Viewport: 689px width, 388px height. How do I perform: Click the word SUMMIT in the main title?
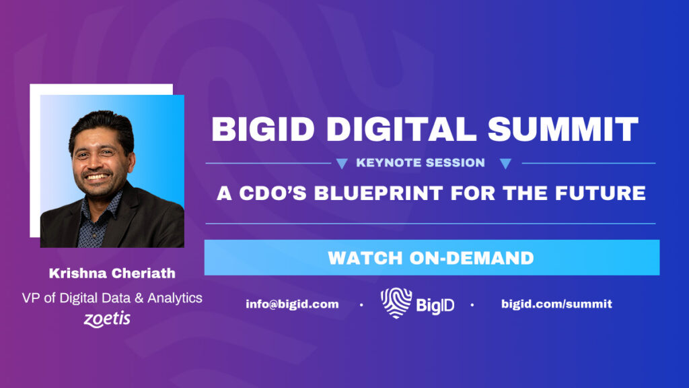[x=563, y=129]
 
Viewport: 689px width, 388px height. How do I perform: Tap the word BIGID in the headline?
[x=263, y=129]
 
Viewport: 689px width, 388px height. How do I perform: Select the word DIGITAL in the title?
[x=401, y=129]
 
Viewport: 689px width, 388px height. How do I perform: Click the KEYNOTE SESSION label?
[x=421, y=163]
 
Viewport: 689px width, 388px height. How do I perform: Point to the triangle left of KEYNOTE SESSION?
[x=342, y=164]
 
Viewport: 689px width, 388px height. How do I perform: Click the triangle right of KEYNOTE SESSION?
[x=506, y=164]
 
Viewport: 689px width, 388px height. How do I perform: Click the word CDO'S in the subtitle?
[x=273, y=193]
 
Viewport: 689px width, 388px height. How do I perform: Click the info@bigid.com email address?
[x=292, y=304]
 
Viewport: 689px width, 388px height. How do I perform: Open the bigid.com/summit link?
[x=556, y=304]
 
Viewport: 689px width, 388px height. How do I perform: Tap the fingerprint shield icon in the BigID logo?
[x=396, y=302]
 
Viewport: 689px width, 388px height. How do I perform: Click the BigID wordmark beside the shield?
[x=435, y=305]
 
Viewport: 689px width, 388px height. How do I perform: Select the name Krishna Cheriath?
[x=112, y=273]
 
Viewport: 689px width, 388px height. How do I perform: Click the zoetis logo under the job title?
[x=107, y=319]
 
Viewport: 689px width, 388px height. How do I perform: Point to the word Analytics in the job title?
[x=175, y=298]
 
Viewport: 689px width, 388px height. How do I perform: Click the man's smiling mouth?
[x=97, y=176]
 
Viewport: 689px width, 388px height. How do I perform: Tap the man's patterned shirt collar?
[x=102, y=210]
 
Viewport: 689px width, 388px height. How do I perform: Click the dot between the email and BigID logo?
[x=361, y=304]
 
